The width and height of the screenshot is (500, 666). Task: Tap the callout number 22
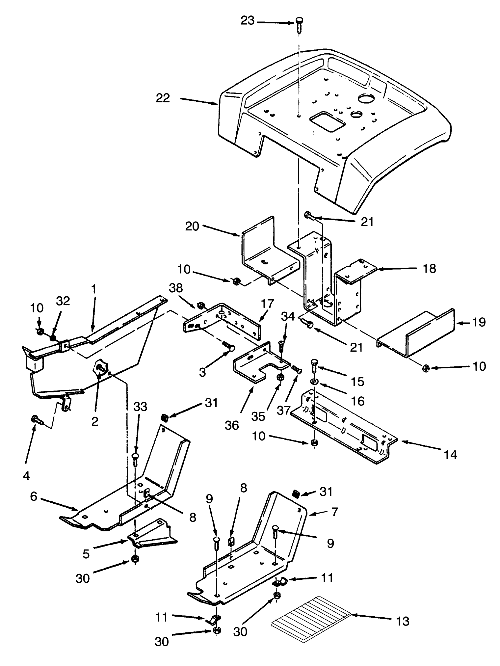coord(163,98)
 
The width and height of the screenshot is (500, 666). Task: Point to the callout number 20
coord(192,226)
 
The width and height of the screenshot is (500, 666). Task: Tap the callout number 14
coord(450,455)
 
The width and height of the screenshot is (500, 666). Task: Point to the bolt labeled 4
coord(35,420)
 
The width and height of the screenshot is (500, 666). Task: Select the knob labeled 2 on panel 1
coord(99,367)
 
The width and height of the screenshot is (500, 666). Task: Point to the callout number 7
coord(335,512)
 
